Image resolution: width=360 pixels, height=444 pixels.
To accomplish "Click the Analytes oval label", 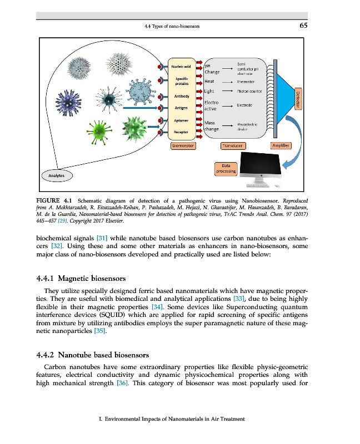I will [56, 175].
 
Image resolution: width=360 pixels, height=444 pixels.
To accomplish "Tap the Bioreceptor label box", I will [183, 145].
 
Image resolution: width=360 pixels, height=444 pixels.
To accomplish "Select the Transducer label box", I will [233, 145].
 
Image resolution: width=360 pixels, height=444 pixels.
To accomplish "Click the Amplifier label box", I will [280, 145].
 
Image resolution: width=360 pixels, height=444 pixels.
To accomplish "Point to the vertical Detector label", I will [297, 100].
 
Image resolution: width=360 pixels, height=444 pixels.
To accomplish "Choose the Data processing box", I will [227, 168].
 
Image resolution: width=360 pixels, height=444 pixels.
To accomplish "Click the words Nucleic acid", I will [181, 67].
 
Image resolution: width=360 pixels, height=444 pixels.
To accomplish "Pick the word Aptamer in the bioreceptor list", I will [181, 120].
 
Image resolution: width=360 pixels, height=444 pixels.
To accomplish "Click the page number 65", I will [303, 26].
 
